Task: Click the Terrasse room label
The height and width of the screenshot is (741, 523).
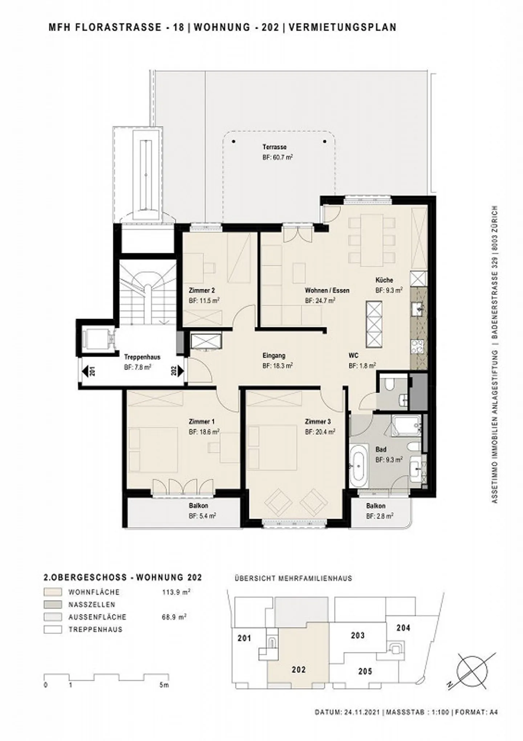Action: [275, 147]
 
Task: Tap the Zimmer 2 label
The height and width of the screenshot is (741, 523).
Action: [202, 290]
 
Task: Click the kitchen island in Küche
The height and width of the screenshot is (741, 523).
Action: [374, 325]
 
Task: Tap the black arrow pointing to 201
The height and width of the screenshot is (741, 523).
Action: [85, 371]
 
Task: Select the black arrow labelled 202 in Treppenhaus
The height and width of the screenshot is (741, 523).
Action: [181, 371]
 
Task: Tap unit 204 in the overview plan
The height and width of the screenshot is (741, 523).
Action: [403, 628]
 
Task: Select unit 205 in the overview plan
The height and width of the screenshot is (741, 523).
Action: [365, 671]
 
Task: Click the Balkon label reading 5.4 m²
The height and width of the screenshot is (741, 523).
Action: [202, 516]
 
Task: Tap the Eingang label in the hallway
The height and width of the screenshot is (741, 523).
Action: [274, 356]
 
